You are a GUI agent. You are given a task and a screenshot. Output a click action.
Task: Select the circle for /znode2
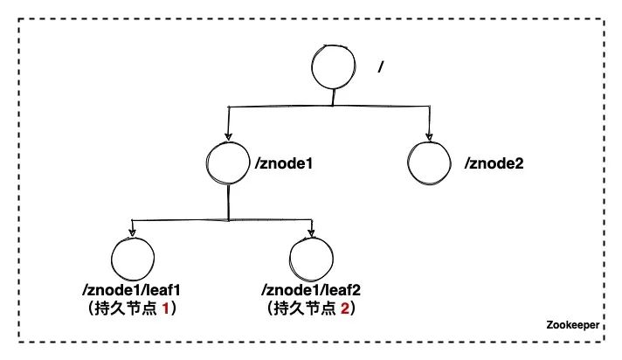point(430,163)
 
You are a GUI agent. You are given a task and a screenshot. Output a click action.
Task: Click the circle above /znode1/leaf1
point(134,260)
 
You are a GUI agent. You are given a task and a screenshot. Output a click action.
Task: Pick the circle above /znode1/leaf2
point(311,260)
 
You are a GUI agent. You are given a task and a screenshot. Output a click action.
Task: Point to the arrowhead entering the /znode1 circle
point(229,138)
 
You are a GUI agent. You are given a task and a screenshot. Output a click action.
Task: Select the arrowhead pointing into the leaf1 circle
point(133,233)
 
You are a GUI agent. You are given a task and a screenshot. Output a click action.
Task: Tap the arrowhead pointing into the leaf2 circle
point(311,233)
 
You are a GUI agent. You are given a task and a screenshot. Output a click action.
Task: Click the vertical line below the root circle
point(333,99)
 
